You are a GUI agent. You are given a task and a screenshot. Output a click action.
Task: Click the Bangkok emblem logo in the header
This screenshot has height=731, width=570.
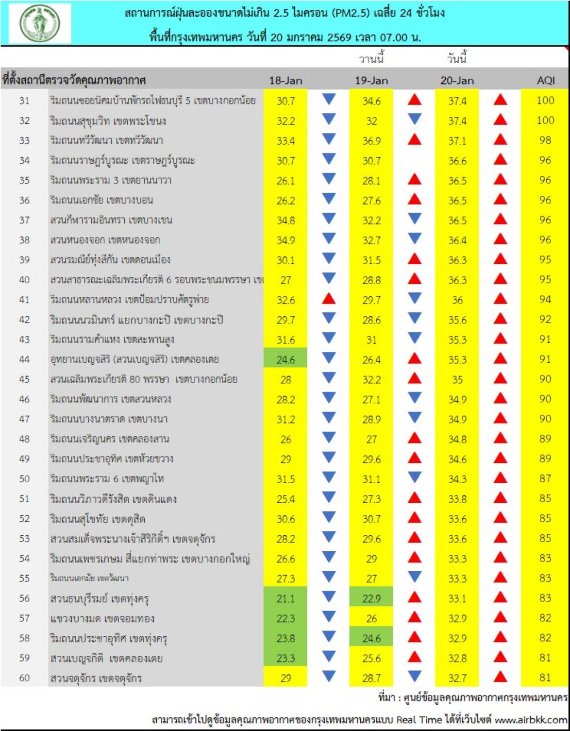(40, 23)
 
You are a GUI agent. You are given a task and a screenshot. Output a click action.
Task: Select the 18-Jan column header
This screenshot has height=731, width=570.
(285, 81)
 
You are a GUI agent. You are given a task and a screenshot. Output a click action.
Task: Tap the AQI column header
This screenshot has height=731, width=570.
(546, 81)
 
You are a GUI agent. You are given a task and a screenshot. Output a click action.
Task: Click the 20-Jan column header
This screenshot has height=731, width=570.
(457, 81)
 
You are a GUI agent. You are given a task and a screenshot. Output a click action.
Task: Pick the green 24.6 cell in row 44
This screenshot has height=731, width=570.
(285, 359)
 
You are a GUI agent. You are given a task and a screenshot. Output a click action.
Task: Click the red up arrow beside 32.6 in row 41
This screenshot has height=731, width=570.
(329, 299)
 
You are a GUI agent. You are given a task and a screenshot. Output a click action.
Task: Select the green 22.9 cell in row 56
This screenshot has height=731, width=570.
(371, 598)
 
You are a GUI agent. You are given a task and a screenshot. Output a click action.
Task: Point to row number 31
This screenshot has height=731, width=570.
(24, 101)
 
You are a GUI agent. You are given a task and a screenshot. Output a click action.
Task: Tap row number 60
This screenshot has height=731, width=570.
(24, 678)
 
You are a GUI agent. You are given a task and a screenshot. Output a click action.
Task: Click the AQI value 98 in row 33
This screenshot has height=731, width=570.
(545, 141)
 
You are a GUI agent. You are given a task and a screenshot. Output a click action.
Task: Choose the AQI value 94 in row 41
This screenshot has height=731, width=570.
(545, 299)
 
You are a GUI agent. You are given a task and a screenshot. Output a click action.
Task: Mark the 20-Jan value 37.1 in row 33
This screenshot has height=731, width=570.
(457, 141)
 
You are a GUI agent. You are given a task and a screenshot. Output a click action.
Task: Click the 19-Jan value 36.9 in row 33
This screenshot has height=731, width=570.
(371, 141)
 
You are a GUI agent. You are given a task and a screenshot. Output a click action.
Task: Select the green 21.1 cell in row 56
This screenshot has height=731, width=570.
(285, 599)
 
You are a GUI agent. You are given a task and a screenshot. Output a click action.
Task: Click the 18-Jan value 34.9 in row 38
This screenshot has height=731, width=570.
(285, 241)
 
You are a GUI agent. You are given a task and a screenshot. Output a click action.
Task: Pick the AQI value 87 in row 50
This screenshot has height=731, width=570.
(545, 479)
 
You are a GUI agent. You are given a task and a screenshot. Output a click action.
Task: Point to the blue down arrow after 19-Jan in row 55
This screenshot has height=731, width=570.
(415, 577)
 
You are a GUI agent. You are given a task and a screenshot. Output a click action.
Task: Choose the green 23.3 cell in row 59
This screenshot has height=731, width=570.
(285, 658)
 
